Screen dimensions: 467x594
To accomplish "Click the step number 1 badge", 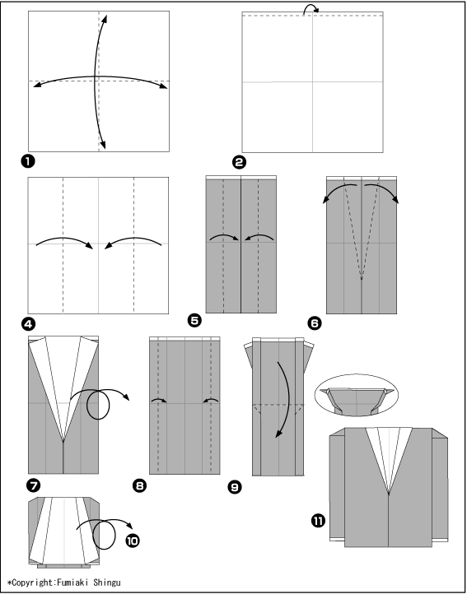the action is pyautogui.click(x=28, y=161).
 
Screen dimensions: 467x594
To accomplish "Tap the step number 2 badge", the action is pyautogui.click(x=239, y=163).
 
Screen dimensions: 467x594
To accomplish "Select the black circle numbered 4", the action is pyautogui.click(x=29, y=324).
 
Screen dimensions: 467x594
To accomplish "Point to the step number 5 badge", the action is pyautogui.click(x=194, y=321).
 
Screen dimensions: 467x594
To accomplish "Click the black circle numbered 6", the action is pyautogui.click(x=315, y=323).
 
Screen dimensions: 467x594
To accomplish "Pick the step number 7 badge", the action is pyautogui.click(x=34, y=485).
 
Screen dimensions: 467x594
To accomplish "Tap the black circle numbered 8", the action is pyautogui.click(x=140, y=485).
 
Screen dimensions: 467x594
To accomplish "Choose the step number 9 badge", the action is pyautogui.click(x=235, y=487).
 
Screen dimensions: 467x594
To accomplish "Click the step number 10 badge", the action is pyautogui.click(x=133, y=541).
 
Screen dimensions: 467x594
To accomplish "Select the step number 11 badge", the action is pyautogui.click(x=318, y=522).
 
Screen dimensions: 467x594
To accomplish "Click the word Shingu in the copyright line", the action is pyautogui.click(x=107, y=582).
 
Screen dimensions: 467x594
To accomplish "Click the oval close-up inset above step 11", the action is pyautogui.click(x=357, y=375).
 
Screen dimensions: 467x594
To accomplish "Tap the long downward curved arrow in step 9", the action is pyautogui.click(x=289, y=397).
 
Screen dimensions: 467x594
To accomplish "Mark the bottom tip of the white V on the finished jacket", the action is pyautogui.click(x=389, y=494).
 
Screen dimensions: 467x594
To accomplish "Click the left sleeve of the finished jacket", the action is pyautogui.click(x=337, y=489).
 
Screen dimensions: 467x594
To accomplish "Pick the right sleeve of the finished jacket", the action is pyautogui.click(x=440, y=487).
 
